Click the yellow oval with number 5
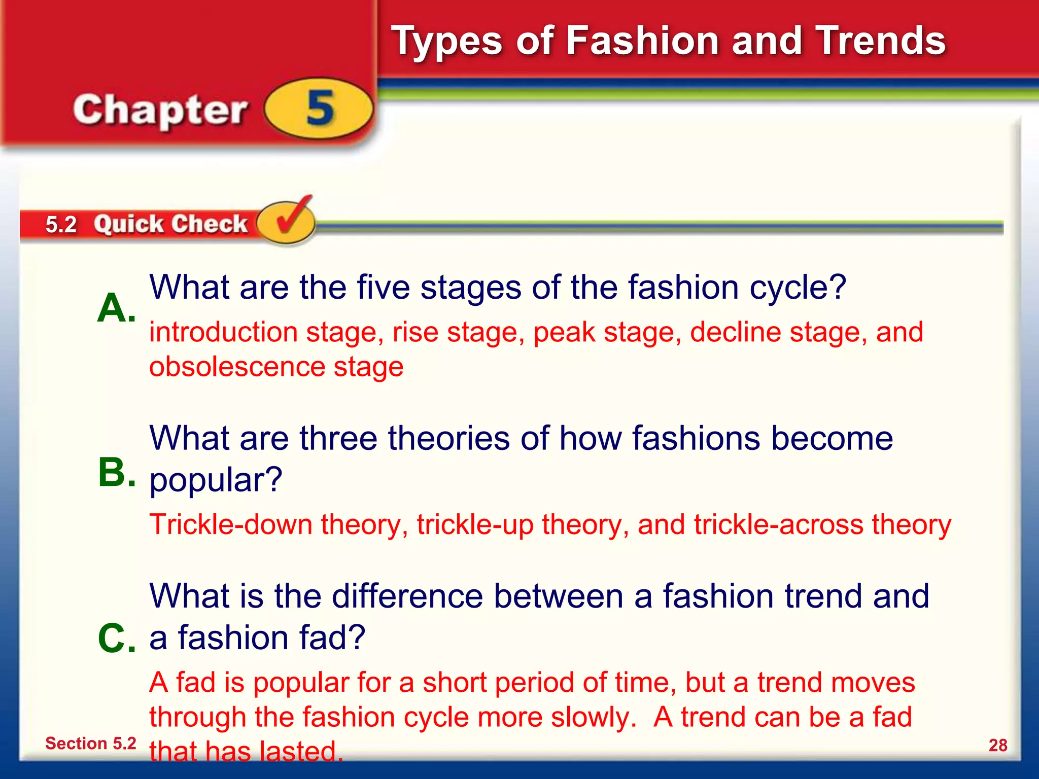(x=319, y=109)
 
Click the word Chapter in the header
(x=160, y=111)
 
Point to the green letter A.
(x=116, y=308)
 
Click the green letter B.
(x=116, y=473)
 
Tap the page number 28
(x=997, y=745)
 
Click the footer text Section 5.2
(x=91, y=743)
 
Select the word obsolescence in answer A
(x=237, y=367)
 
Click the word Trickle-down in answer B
(x=231, y=524)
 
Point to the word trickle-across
(x=778, y=524)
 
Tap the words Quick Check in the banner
(x=170, y=224)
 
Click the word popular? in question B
(x=216, y=480)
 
